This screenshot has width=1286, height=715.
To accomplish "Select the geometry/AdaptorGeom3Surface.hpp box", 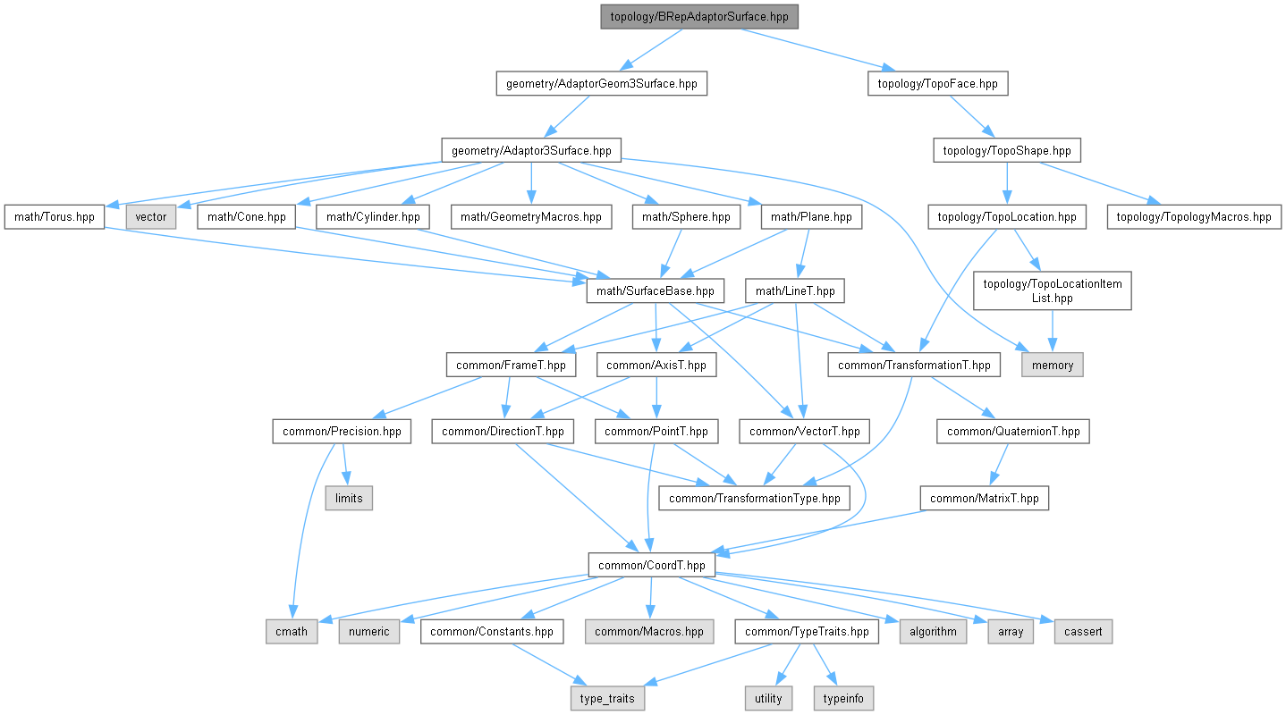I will [x=601, y=84].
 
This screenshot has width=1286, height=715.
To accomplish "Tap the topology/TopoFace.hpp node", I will [x=937, y=84].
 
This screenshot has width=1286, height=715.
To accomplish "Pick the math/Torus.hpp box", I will [x=54, y=216].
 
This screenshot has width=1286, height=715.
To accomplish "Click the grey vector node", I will [x=150, y=216].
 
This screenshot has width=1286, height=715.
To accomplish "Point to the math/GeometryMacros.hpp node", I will [x=531, y=216].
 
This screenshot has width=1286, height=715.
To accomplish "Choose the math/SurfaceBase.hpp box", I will [x=655, y=290].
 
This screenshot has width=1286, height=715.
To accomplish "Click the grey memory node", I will [x=1053, y=365].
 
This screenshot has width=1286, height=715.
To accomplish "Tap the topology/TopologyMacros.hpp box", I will [x=1194, y=216].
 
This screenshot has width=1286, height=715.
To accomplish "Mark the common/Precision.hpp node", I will [x=343, y=432].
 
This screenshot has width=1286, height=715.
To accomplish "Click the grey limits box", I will [x=349, y=498].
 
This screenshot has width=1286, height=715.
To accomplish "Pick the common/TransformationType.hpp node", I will [x=755, y=498].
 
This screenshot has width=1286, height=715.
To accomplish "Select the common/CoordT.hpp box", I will [x=651, y=565].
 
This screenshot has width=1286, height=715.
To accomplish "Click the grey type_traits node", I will [x=608, y=698].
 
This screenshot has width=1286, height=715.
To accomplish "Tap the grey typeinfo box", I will [x=842, y=698].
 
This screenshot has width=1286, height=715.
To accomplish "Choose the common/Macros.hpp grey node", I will [x=649, y=632].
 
